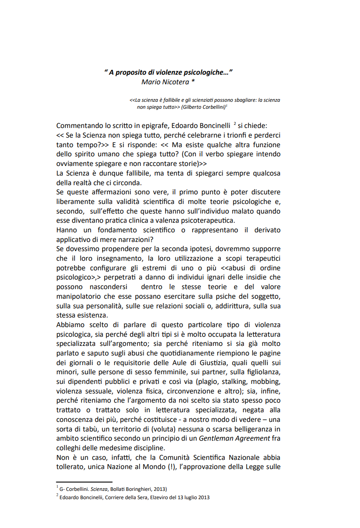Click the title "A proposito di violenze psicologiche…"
(168, 72)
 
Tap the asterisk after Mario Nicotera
(186, 82)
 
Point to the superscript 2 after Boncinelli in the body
(235, 124)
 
